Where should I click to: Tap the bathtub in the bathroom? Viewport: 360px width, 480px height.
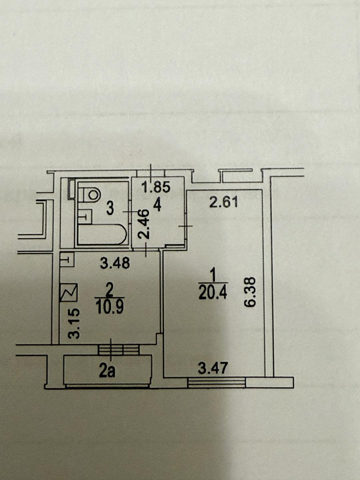pos(102,235)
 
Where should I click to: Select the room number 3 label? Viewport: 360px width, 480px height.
pos(110,209)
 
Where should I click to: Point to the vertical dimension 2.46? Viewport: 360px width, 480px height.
pos(143,224)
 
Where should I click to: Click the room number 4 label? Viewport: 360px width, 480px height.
pos(157,205)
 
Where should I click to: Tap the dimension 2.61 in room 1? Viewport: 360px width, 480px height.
pos(223,202)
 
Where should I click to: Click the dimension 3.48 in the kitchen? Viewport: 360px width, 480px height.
pos(115,263)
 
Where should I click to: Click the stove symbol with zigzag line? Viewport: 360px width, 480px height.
pos(69,293)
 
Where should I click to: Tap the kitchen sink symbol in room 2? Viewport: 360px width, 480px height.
pos(67,259)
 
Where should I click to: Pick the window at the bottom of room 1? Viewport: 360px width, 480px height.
pos(217,382)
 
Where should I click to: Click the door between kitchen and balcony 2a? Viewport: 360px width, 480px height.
pos(119,349)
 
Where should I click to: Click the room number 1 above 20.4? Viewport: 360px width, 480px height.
pos(213,276)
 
